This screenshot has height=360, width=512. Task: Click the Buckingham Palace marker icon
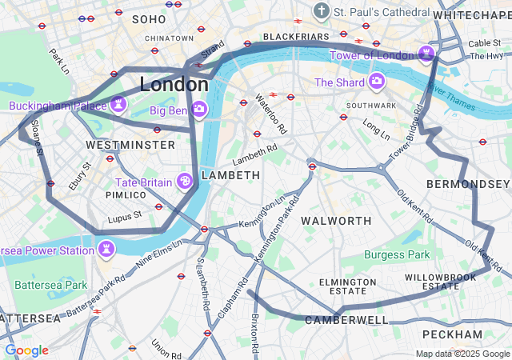pos(118,105)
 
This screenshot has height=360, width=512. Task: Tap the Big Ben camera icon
pos(200,109)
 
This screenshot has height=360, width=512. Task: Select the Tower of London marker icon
pos(427,54)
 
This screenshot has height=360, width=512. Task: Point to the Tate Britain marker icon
pos(185,182)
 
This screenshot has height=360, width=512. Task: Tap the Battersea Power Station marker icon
pos(106,250)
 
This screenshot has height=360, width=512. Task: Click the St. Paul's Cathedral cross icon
pos(321,12)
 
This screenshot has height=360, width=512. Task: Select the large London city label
pos(174,84)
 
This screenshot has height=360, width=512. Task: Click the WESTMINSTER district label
pos(130,145)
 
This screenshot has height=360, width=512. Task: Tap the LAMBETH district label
pos(230,174)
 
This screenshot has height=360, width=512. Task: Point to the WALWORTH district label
pos(336,220)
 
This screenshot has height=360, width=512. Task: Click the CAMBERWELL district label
pos(346,320)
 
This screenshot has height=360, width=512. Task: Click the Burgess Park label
pos(397,255)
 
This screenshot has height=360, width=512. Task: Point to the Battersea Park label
pos(51,285)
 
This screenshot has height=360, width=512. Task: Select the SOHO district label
pos(149,18)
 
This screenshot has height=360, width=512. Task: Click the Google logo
pos(26,350)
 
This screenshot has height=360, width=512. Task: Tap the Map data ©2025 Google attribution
pos(462,354)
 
